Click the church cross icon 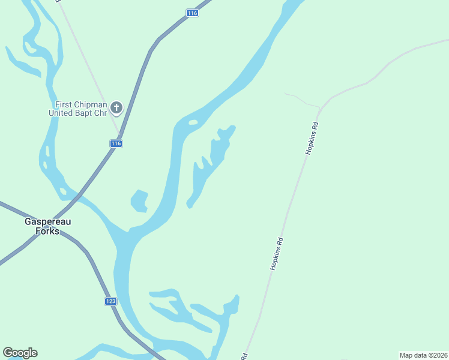[x=117, y=108]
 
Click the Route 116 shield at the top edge [x=192, y=13]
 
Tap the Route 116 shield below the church [x=116, y=143]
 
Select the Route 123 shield [x=110, y=301]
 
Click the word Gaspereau [x=47, y=221]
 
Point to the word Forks [x=47, y=231]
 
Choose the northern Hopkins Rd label [x=311, y=139]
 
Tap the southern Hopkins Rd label [x=277, y=254]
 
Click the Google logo [x=20, y=353]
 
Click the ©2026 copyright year [x=438, y=355]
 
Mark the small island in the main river [x=193, y=122]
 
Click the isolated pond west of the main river [x=139, y=200]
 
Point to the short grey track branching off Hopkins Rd [x=302, y=100]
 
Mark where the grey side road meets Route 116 [x=119, y=134]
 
